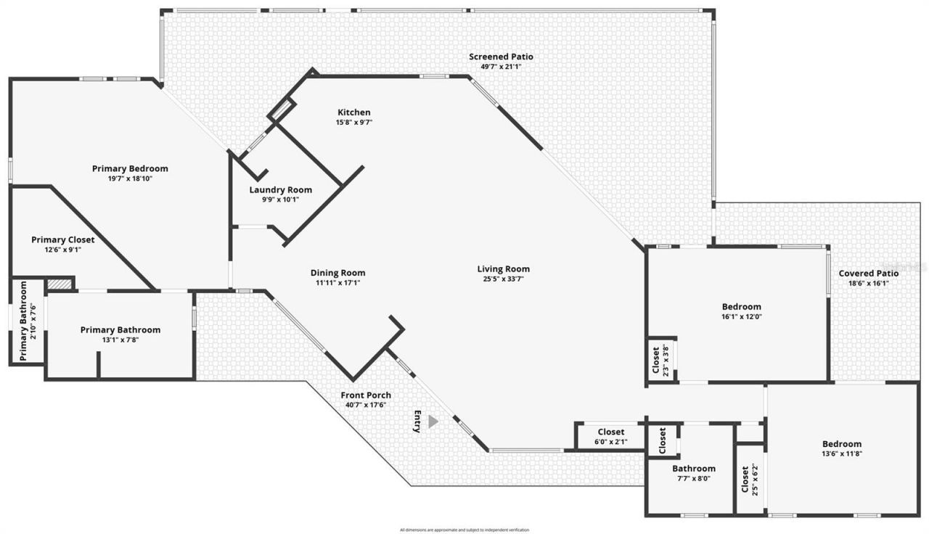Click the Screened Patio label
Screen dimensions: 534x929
coord(501,57)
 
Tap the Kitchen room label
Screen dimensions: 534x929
coord(354,112)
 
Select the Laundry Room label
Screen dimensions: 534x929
coord(280,190)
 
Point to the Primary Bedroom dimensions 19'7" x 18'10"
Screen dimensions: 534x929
coord(130,178)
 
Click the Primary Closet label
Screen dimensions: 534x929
coord(62,239)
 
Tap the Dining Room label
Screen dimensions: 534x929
coord(337,273)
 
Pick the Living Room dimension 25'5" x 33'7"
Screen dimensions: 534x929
coord(503,279)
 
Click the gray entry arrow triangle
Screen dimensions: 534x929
coord(433,422)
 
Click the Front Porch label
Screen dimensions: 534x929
coord(366,395)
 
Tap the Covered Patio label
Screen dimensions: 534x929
coord(868,274)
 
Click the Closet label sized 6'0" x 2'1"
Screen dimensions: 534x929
coord(610,432)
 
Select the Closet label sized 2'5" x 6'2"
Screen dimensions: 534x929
coord(745,478)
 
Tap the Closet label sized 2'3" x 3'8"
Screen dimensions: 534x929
coord(655,359)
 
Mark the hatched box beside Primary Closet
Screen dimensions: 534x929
coord(60,284)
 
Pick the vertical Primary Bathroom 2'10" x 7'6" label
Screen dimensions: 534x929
coord(23,321)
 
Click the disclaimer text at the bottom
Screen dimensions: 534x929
coord(464,530)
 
